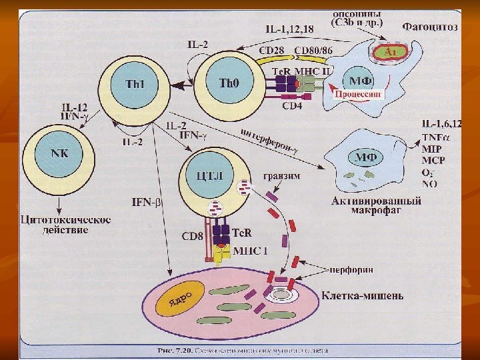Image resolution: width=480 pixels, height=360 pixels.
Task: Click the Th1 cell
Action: (135, 85)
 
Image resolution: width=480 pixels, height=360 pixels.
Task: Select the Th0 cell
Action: (229, 83)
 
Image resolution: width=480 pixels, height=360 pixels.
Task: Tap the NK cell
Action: (61, 153)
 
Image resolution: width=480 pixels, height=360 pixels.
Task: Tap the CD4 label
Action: (293, 105)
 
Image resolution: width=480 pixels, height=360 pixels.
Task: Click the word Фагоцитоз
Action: (430, 27)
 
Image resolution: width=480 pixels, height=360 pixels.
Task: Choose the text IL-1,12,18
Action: (289, 29)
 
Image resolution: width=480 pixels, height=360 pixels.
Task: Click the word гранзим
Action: (281, 176)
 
